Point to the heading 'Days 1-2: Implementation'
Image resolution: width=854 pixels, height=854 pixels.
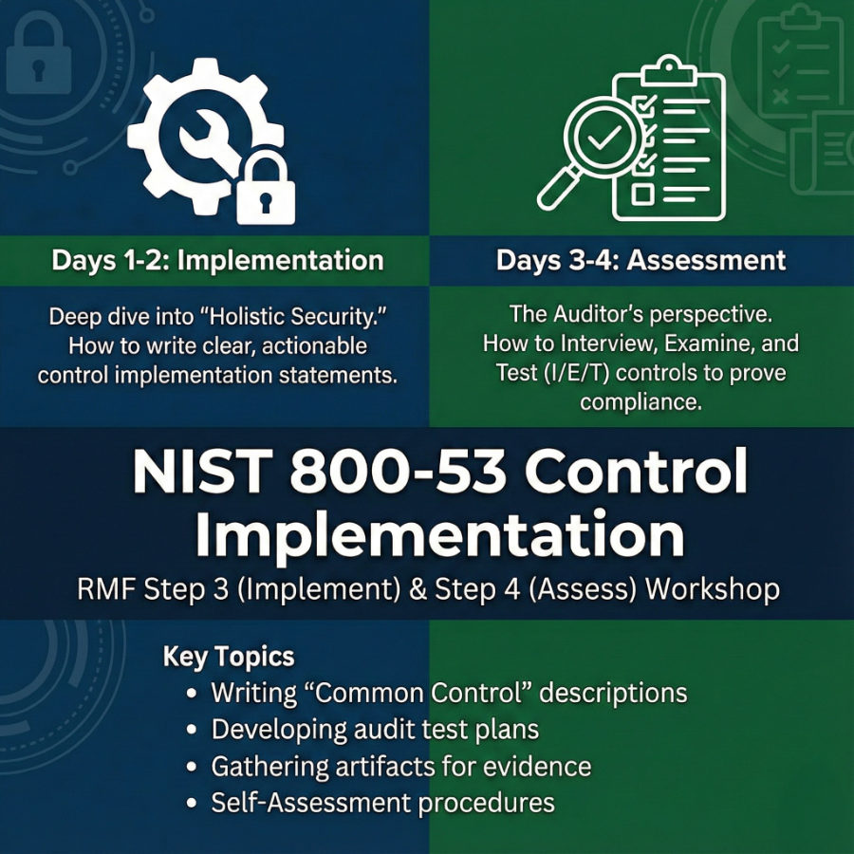tap(217, 261)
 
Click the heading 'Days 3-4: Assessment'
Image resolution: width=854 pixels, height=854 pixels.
tap(640, 261)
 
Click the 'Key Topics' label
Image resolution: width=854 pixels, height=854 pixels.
tap(229, 657)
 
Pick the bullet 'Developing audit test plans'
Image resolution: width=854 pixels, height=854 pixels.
tap(375, 729)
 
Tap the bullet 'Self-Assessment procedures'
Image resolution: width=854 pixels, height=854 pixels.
tap(382, 803)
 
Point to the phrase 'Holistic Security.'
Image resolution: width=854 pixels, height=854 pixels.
tap(288, 317)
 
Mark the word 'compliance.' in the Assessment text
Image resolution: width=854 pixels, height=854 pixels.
tap(640, 401)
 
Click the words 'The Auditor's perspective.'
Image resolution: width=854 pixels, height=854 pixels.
tap(640, 313)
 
